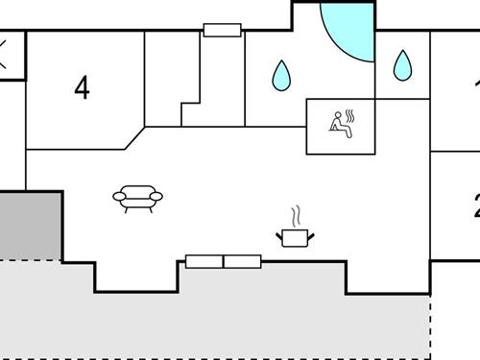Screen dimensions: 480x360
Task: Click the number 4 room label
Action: coord(83,87)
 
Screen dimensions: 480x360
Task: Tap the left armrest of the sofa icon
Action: coord(120,197)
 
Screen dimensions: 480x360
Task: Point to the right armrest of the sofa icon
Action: coord(156,197)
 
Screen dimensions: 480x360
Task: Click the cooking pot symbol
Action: coord(294,235)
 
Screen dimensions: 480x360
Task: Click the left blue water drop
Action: coord(281,75)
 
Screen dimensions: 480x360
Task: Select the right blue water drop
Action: coord(402,65)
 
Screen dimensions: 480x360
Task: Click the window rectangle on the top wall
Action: coord(222,31)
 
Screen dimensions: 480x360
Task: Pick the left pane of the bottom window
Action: coord(204,261)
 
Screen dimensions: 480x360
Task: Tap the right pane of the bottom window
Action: coord(242,261)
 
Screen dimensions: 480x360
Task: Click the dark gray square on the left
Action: coord(29,226)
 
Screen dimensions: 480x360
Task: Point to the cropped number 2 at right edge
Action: coord(475,205)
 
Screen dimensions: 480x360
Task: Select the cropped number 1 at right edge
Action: coord(476,82)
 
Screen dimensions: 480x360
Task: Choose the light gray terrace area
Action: coord(211,322)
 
